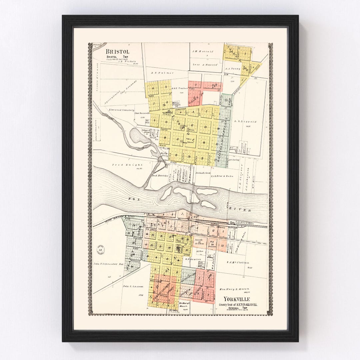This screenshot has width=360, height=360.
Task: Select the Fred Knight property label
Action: click(x=122, y=165)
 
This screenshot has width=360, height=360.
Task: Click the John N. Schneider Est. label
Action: click(x=109, y=263)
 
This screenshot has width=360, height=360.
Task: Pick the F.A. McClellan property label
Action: click(x=238, y=263)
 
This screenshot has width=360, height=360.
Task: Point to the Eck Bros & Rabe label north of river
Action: click(x=222, y=176)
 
